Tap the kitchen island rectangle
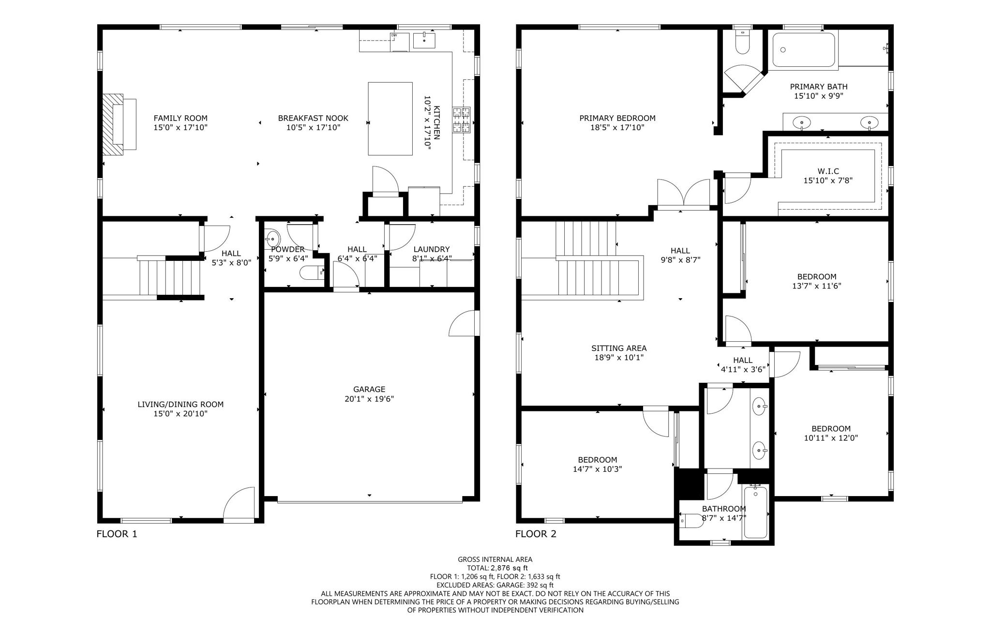click(x=390, y=119)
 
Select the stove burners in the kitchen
click(x=461, y=120)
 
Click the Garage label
click(x=369, y=390)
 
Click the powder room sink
click(x=272, y=239)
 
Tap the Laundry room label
click(x=431, y=249)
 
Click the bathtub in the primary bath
click(x=803, y=49)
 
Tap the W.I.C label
click(x=827, y=171)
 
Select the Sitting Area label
click(x=618, y=348)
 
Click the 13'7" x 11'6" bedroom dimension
click(x=816, y=286)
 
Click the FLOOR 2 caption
click(x=535, y=534)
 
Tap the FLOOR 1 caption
click(x=117, y=534)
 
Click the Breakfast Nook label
click(x=313, y=118)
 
